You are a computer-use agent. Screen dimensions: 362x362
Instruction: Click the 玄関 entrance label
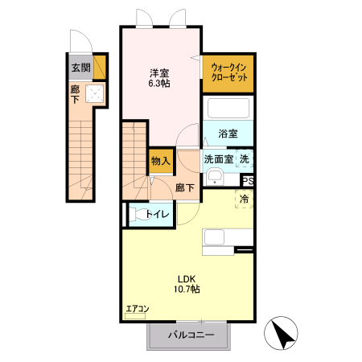(80, 68)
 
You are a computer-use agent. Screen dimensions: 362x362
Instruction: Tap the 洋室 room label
(158, 71)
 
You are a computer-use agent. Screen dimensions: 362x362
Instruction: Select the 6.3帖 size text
(158, 83)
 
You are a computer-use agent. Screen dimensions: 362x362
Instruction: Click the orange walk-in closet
(229, 72)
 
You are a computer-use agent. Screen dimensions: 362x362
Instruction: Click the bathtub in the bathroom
(229, 109)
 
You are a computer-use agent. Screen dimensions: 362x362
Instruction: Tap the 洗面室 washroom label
(218, 159)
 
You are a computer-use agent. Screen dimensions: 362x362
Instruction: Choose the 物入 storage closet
(160, 161)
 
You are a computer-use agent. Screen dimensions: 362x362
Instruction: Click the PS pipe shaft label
(248, 181)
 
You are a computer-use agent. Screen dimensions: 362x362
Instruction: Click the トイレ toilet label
(157, 214)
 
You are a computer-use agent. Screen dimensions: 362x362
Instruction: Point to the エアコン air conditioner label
(137, 309)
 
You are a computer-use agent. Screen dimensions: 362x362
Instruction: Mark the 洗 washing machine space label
(245, 159)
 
